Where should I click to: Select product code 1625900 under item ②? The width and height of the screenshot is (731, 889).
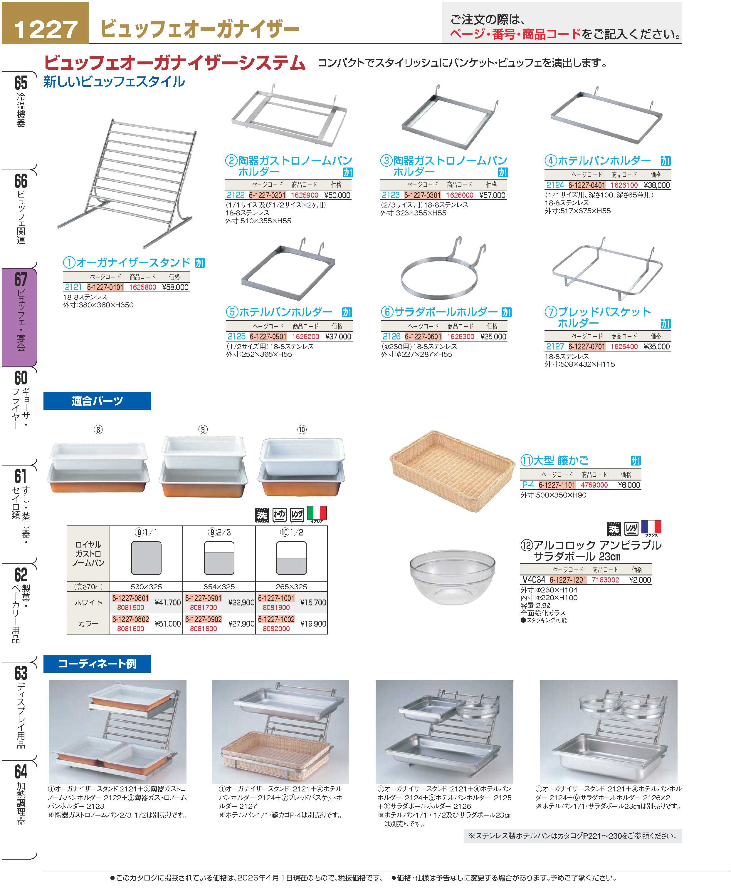[305, 195]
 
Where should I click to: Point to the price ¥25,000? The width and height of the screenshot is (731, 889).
[493, 336]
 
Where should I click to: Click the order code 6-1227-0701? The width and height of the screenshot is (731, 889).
[587, 346]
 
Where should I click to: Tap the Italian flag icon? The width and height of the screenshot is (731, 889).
[317, 514]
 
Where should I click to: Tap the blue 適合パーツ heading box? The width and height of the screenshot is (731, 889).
[97, 401]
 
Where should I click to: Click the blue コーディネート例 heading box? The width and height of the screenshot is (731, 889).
[97, 664]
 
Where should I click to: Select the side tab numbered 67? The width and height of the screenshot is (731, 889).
[20, 317]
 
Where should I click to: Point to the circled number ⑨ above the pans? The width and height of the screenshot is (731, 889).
[203, 429]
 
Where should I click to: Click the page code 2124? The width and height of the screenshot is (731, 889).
[555, 185]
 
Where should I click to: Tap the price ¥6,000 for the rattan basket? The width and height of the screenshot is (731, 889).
[629, 485]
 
